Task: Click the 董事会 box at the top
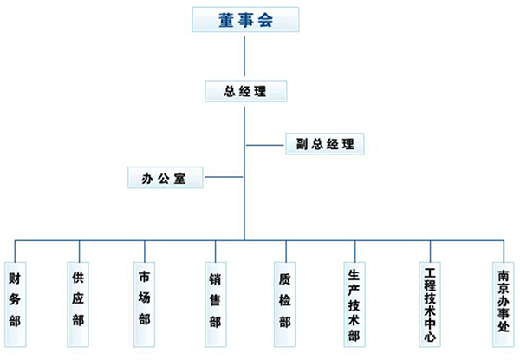(x=244, y=20)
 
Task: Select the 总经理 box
(x=244, y=90)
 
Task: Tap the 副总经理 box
(x=325, y=143)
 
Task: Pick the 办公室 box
(x=166, y=178)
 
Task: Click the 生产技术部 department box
(x=354, y=304)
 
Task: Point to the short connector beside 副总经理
(x=265, y=143)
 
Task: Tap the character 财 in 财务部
(x=15, y=278)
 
